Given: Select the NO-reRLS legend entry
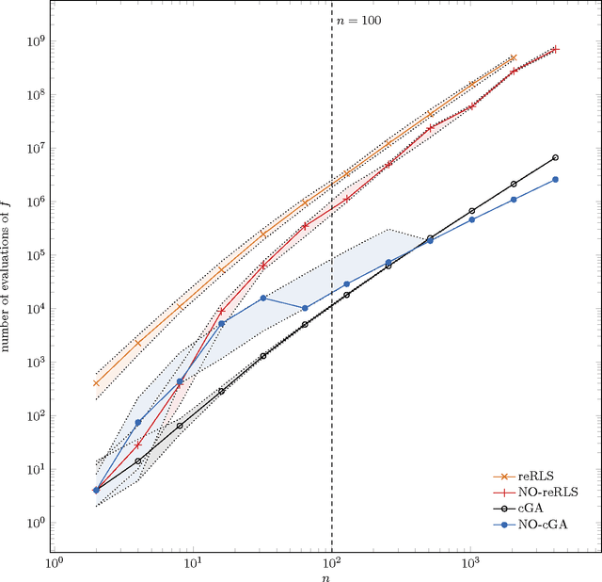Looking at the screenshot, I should coord(551,491).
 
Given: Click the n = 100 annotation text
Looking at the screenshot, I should coord(358,20).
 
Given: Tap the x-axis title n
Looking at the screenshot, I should coord(331,574).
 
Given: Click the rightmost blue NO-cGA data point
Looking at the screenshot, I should coord(555,179).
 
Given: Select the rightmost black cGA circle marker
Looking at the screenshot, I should coord(555,157).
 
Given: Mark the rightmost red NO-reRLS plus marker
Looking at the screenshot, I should coord(555,49).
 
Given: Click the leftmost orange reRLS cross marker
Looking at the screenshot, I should coord(96,383).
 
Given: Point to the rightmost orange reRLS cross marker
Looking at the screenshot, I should coord(514,57).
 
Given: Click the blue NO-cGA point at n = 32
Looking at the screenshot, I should coord(263,298).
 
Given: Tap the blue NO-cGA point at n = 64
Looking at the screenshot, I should coord(305,308).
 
